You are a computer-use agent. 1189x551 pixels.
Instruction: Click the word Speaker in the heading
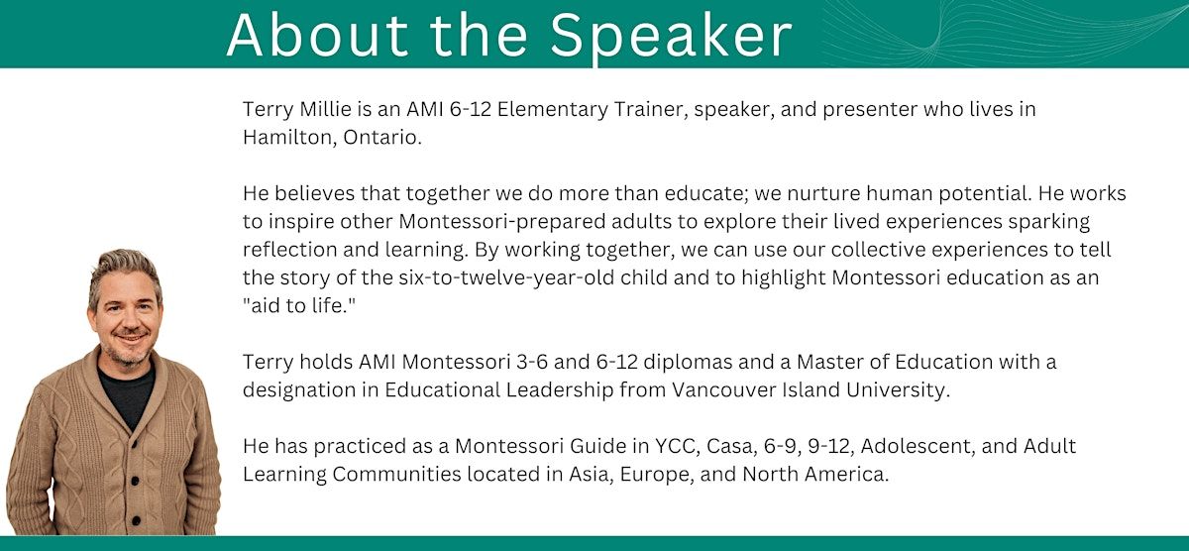click(672, 35)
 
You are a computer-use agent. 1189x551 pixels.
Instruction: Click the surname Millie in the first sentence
click(325, 109)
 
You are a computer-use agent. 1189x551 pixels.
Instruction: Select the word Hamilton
click(289, 138)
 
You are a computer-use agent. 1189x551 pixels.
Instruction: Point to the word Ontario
click(382, 138)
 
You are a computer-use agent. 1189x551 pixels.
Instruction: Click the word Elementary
click(553, 109)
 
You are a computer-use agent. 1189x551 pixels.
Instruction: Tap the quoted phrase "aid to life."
click(299, 306)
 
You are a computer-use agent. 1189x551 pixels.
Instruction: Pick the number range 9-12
click(829, 446)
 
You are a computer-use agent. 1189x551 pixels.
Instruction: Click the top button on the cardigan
click(132, 443)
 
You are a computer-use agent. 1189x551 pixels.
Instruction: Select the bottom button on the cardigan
click(135, 519)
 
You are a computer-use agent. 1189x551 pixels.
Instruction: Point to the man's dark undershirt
click(128, 393)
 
